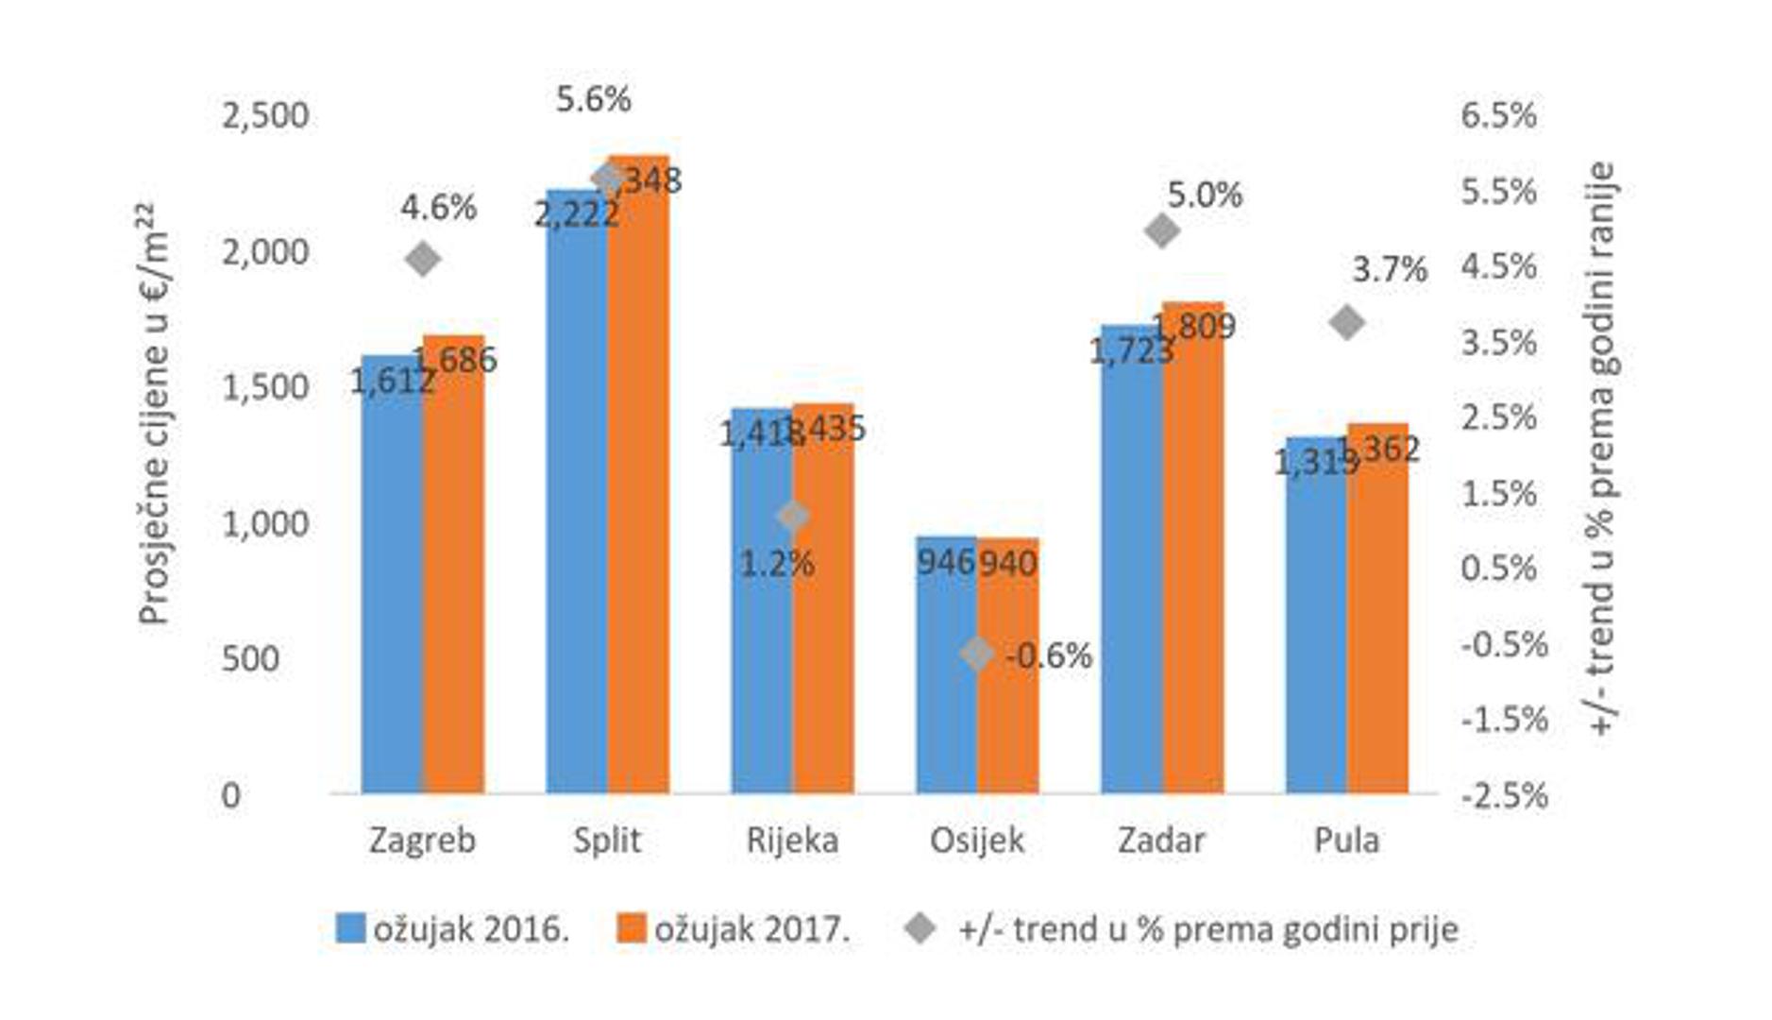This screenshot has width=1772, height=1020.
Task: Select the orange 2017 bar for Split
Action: (638, 491)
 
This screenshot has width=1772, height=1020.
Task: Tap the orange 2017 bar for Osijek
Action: (1007, 680)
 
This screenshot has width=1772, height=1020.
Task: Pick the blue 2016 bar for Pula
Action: (1316, 623)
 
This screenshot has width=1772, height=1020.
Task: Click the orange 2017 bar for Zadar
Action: (1192, 557)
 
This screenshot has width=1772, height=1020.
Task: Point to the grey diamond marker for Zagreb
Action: (423, 259)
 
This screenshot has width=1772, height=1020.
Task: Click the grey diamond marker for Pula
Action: (1347, 323)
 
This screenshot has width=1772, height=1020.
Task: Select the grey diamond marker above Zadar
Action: (1162, 230)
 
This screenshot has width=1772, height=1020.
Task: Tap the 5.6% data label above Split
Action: (593, 99)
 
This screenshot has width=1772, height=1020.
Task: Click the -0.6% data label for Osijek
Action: (1048, 654)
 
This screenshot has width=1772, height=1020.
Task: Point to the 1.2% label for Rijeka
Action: (776, 564)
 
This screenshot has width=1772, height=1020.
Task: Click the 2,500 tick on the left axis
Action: (264, 115)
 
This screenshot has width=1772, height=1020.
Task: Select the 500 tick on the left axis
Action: (250, 658)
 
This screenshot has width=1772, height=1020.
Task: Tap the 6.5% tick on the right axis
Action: (1498, 115)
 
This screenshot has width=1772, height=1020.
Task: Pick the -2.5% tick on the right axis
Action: (1504, 795)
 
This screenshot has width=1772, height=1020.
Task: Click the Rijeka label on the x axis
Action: (792, 840)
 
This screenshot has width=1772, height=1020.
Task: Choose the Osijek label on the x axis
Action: (977, 840)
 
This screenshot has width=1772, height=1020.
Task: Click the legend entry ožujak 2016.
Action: (453, 929)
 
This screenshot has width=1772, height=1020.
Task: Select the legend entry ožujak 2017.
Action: (734, 929)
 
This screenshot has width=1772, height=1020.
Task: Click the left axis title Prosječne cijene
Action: (154, 416)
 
